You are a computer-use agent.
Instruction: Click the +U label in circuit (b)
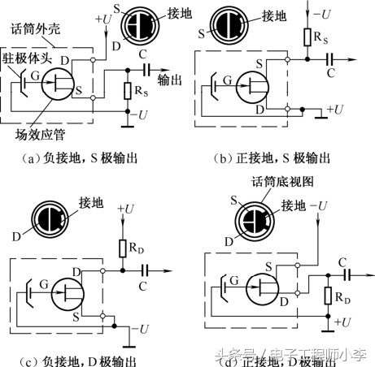(334, 107)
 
